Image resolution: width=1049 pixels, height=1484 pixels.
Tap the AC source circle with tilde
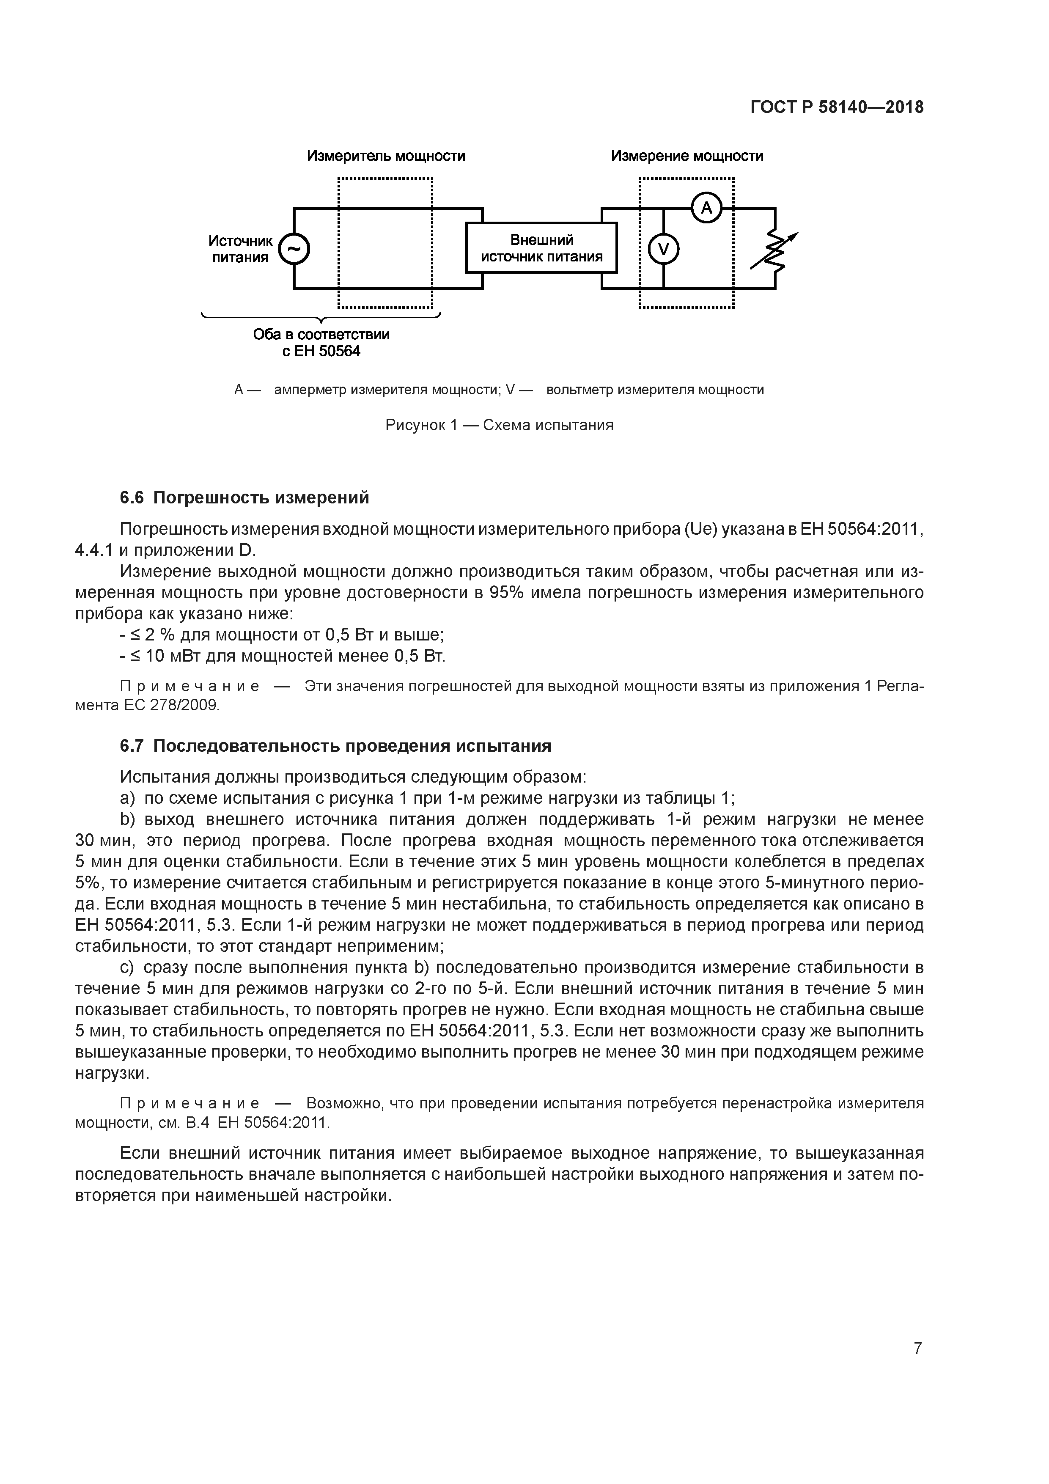294,249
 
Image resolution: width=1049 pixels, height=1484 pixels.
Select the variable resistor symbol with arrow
775,251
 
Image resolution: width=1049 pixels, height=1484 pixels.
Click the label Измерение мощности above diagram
687,156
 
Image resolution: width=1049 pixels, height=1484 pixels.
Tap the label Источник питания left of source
240,249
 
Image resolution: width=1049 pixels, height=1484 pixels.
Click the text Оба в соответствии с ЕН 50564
321,343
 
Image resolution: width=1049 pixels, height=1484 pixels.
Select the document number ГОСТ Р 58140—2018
837,107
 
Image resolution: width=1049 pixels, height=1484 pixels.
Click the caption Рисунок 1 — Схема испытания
499,425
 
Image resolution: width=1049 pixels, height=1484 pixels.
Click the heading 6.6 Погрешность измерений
244,497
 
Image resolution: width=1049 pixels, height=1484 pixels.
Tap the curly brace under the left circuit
321,317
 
